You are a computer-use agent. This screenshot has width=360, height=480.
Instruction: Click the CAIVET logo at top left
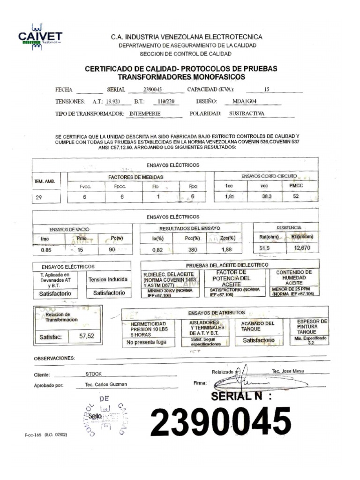point(40,36)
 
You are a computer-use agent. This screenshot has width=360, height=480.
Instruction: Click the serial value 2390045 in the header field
point(152,90)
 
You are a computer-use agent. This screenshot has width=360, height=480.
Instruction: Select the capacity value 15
point(267,89)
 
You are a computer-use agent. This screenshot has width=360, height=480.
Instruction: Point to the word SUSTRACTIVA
point(247,113)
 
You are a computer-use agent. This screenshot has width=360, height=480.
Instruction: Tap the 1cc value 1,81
point(229,197)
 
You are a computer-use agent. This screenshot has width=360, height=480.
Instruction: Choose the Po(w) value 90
point(112,250)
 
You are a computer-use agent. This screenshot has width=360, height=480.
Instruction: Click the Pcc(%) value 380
point(193,250)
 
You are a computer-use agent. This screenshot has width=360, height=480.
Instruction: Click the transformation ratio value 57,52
point(87,336)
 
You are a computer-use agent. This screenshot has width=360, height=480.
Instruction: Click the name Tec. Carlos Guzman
point(106,384)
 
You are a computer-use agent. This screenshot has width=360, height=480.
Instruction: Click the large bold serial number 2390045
point(220,421)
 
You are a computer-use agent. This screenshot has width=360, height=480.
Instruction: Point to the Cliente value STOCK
point(93,374)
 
